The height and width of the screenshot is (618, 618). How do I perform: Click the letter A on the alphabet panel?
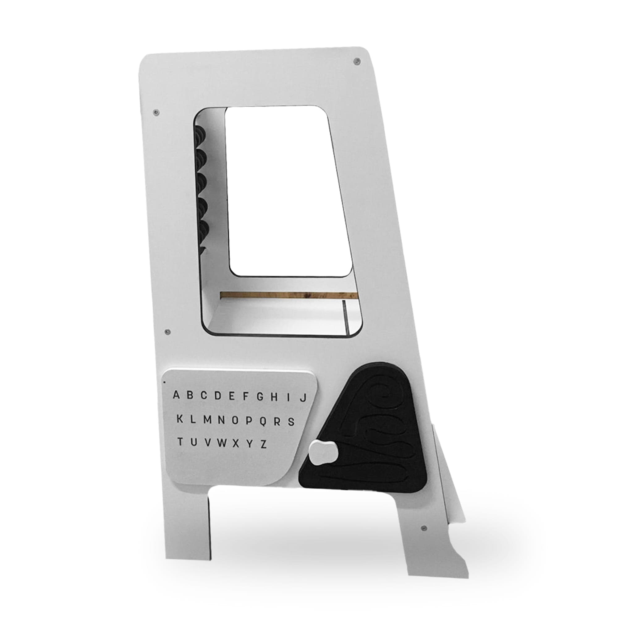176,395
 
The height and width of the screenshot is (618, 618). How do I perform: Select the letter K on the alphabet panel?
180,419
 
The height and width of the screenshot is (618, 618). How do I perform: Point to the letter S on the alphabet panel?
291,421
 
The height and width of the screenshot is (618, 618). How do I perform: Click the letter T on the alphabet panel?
181,442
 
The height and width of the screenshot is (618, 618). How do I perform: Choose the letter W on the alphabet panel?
221,443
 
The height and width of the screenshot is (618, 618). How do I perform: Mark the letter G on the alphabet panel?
260,397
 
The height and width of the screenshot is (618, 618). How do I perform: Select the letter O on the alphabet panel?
235,420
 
